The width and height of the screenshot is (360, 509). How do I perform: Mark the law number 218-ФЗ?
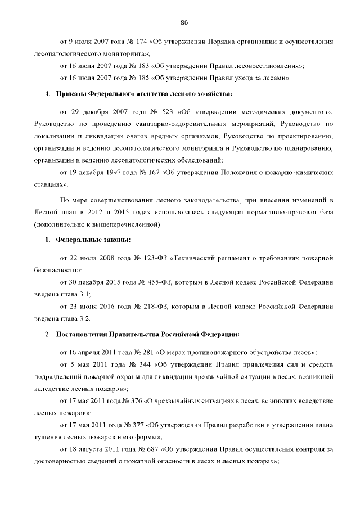click(x=147, y=307)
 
